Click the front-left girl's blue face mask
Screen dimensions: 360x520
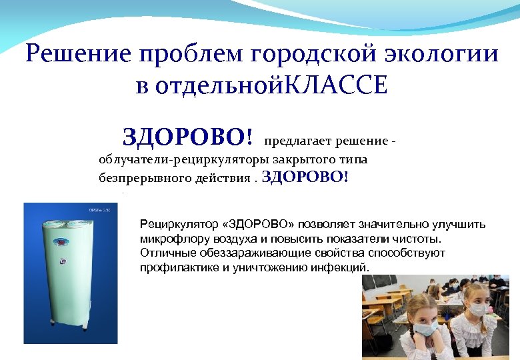pos(424,328)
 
